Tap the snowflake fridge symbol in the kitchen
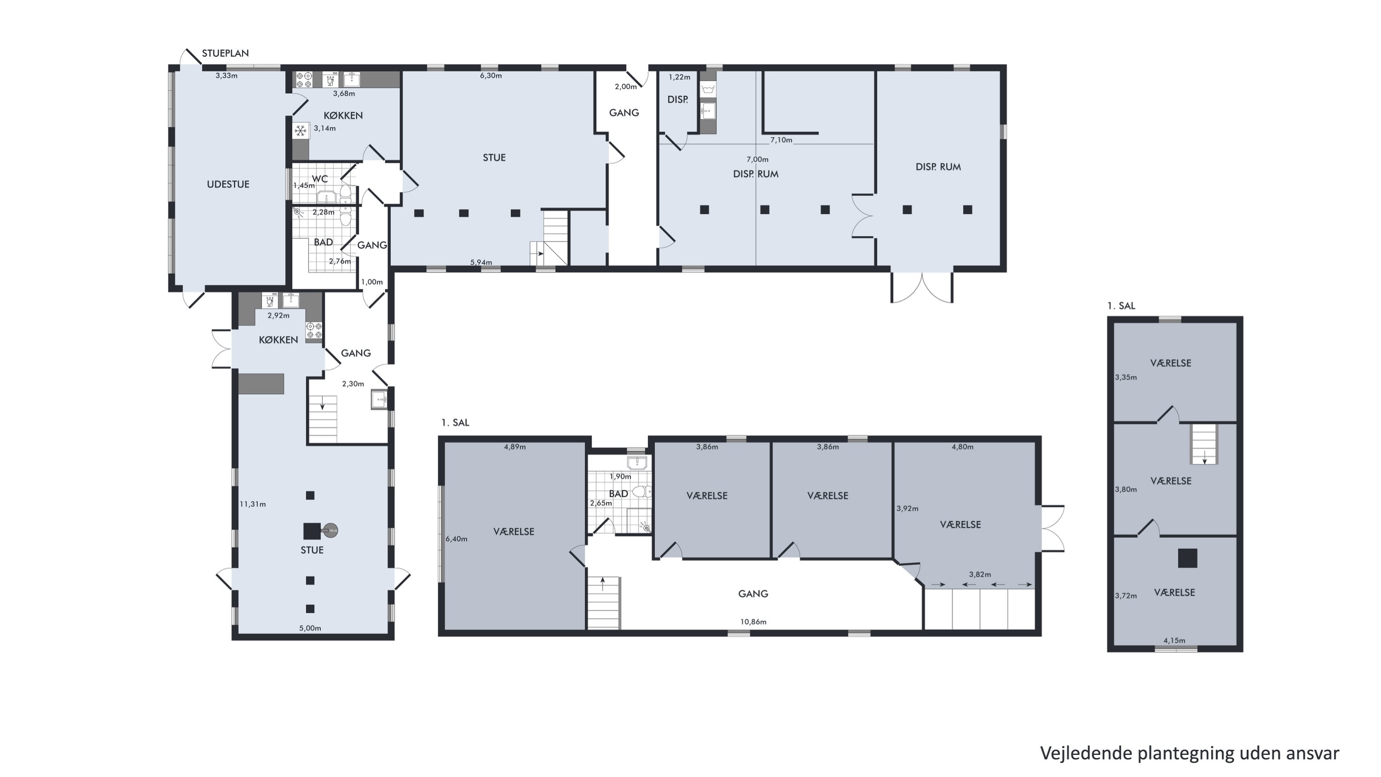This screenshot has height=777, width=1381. click(301, 130)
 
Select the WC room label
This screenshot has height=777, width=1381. click(319, 179)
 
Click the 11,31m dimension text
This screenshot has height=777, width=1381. click(253, 504)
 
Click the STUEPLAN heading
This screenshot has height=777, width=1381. click(225, 53)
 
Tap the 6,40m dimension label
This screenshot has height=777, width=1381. click(456, 539)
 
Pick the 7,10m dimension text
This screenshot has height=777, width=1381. click(781, 140)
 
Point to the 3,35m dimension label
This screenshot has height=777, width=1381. click(1126, 377)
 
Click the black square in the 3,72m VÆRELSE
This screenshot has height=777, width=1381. click(1188, 558)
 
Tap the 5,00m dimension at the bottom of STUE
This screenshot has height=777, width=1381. click(310, 628)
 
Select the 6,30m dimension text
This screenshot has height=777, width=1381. click(491, 76)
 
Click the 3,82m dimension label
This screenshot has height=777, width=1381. click(980, 574)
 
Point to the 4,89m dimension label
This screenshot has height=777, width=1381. click(515, 447)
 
